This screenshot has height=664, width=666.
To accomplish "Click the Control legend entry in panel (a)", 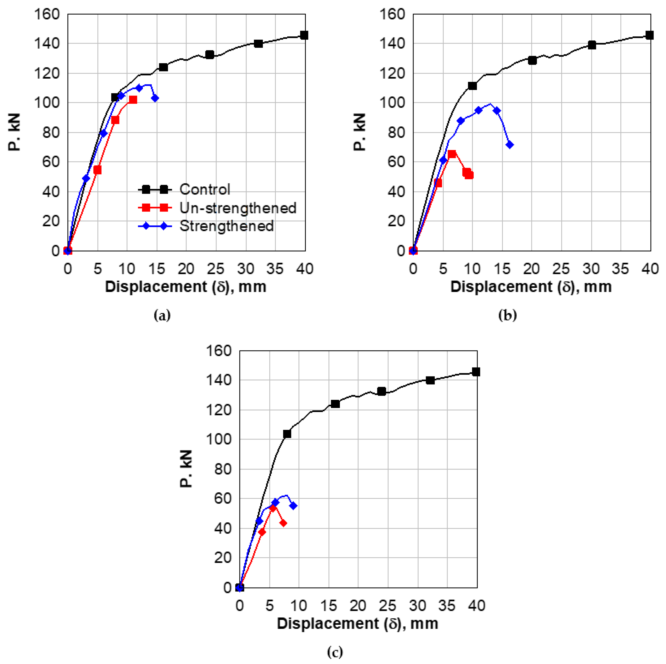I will [x=205, y=189].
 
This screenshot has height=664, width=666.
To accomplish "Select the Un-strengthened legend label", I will [x=237, y=208].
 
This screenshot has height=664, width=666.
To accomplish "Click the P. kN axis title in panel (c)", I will [x=186, y=469].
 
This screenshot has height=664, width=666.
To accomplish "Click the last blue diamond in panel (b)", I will [x=509, y=145].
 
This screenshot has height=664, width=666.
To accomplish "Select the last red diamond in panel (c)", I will [x=283, y=523].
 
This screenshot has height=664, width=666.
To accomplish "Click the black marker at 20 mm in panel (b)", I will [x=532, y=60].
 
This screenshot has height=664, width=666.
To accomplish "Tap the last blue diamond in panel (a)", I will [x=155, y=98].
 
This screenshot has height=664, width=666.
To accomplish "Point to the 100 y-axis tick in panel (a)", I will [x=46, y=103].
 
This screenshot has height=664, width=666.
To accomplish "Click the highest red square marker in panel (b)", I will [x=452, y=154].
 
